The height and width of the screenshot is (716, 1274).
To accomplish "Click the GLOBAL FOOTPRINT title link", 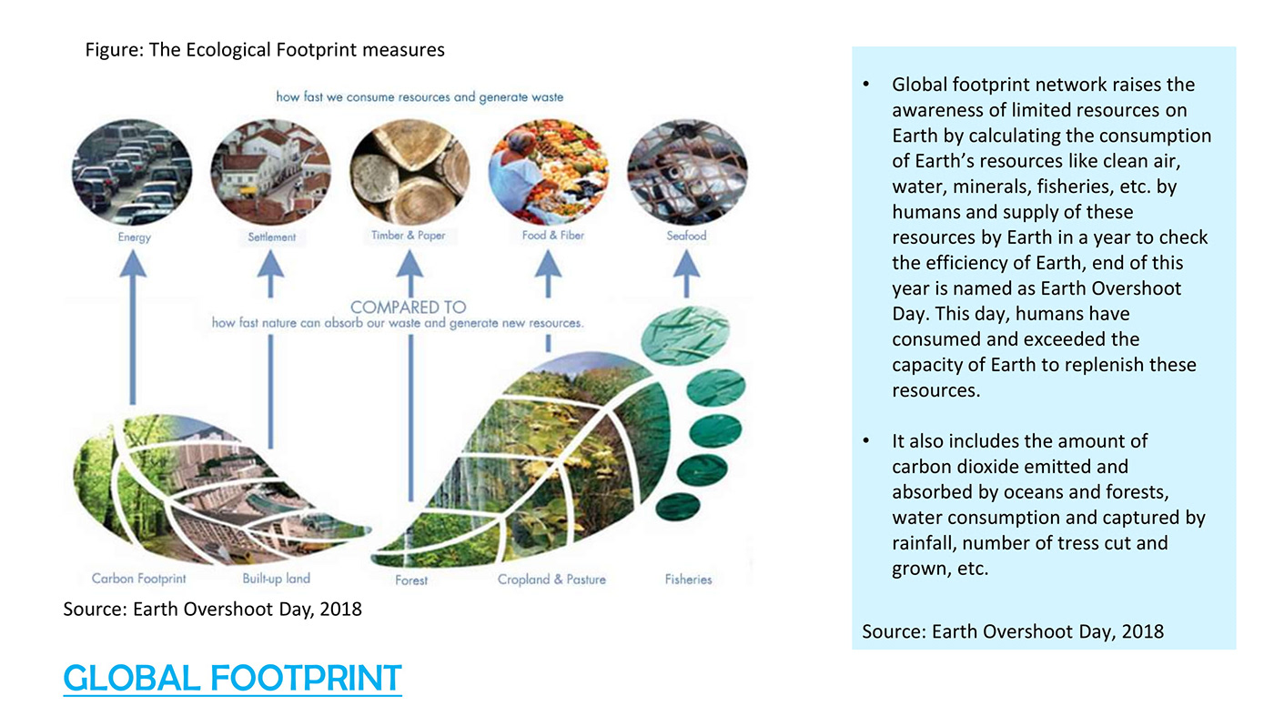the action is tap(232, 678).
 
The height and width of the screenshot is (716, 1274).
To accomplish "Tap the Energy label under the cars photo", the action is tap(135, 237).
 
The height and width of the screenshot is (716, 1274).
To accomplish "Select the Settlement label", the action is tap(271, 237).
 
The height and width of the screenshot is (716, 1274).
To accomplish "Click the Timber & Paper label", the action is tap(408, 235).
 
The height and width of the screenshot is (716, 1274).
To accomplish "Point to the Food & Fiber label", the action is tap(553, 235).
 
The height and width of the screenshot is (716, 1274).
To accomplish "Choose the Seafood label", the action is tap(686, 236).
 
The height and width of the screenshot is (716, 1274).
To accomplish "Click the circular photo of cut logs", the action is tap(409, 171).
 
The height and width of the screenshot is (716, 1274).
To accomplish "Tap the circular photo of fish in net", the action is tap(687, 171).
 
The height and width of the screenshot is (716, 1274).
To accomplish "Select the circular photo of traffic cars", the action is tap(132, 172).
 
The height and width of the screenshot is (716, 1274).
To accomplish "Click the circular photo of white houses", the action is tap(271, 171).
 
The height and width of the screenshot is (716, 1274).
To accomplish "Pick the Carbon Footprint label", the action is tap(138, 579).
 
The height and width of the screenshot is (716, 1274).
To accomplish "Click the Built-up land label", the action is tap(277, 579).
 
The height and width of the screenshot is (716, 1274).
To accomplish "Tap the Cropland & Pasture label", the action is tap(551, 580).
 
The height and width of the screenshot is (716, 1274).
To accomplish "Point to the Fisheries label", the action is tap(688, 580).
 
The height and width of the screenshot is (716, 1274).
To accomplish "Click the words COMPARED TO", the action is tap(409, 308).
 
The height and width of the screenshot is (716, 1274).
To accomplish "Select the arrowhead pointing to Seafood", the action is tap(686, 264).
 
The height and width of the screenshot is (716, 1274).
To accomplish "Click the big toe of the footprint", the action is tap(684, 336).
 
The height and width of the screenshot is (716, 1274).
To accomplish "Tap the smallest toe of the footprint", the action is tap(677, 506).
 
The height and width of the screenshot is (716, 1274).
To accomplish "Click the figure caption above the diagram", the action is tap(265, 50).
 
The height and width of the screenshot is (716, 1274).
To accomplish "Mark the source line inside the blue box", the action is tap(1013, 631).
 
